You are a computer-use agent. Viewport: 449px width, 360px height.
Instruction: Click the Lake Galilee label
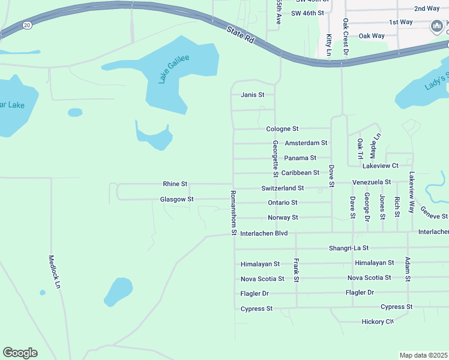[x=174, y=68]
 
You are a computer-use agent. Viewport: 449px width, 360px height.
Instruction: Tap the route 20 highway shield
[x=28, y=25]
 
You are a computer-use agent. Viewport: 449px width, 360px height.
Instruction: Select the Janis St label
[x=253, y=95]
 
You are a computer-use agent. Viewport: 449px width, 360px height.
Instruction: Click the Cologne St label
[x=282, y=129]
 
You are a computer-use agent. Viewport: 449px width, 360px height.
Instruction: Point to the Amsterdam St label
[x=306, y=143]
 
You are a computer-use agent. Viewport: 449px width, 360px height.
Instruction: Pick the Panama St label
[x=300, y=158]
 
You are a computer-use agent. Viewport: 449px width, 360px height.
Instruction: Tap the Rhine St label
[x=175, y=184]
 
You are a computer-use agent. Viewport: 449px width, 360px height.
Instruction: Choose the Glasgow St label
[x=176, y=199]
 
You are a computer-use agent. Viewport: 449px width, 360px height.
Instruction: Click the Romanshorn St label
[x=233, y=213]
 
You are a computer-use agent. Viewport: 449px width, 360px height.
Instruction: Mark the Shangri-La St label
[x=349, y=248]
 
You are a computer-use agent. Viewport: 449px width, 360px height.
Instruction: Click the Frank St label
[x=296, y=270]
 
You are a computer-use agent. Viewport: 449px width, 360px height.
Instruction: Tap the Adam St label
[x=408, y=269]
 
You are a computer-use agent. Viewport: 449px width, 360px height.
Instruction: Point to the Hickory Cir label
[x=378, y=322]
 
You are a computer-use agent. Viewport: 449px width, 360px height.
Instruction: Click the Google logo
[x=20, y=353]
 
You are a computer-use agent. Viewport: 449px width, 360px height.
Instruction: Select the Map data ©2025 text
[x=424, y=355]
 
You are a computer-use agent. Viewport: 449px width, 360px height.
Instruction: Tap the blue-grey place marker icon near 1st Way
[x=437, y=27]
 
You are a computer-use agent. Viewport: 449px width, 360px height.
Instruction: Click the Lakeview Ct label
[x=381, y=165]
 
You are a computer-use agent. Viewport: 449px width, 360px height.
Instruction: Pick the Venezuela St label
[x=372, y=182]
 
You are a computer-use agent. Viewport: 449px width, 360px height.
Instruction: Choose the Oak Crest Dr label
[x=346, y=37]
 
